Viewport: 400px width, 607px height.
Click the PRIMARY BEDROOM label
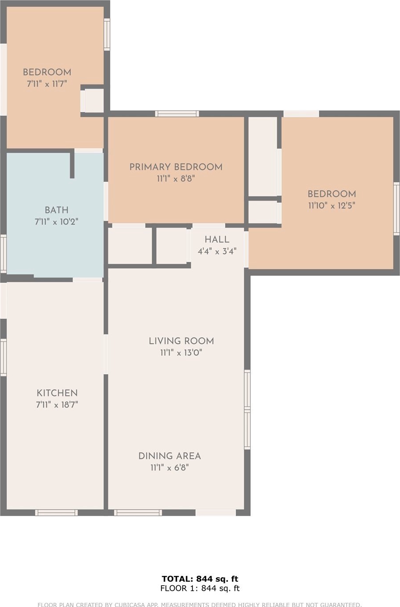pyautogui.click(x=176, y=167)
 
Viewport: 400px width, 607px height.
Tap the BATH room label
pyautogui.click(x=57, y=210)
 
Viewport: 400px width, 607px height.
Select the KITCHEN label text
pyautogui.click(x=57, y=393)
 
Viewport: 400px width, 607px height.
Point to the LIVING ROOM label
pyautogui.click(x=181, y=341)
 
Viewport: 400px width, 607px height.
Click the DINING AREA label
pyautogui.click(x=170, y=456)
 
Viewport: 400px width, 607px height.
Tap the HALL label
pyautogui.click(x=217, y=239)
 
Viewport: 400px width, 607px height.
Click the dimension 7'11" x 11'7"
pyautogui.click(x=47, y=84)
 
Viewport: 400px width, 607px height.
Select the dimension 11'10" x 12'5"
pyautogui.click(x=332, y=205)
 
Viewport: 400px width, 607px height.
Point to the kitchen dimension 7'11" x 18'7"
pyautogui.click(x=57, y=405)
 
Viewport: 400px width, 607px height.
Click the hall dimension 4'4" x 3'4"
pyautogui.click(x=217, y=251)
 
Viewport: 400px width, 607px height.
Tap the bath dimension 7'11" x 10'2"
pyautogui.click(x=57, y=222)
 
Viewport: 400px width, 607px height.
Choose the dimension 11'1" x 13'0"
pyautogui.click(x=181, y=352)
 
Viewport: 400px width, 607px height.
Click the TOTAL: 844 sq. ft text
pyautogui.click(x=200, y=579)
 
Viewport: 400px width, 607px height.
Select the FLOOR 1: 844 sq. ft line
pyautogui.click(x=200, y=588)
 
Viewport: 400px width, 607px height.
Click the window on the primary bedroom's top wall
pyautogui.click(x=177, y=113)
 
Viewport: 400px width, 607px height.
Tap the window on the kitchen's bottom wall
pyautogui.click(x=56, y=512)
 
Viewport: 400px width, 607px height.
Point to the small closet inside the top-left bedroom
pyautogui.click(x=92, y=101)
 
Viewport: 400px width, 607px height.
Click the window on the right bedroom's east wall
pyautogui.click(x=396, y=209)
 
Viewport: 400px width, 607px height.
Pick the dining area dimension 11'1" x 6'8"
pyautogui.click(x=170, y=468)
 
